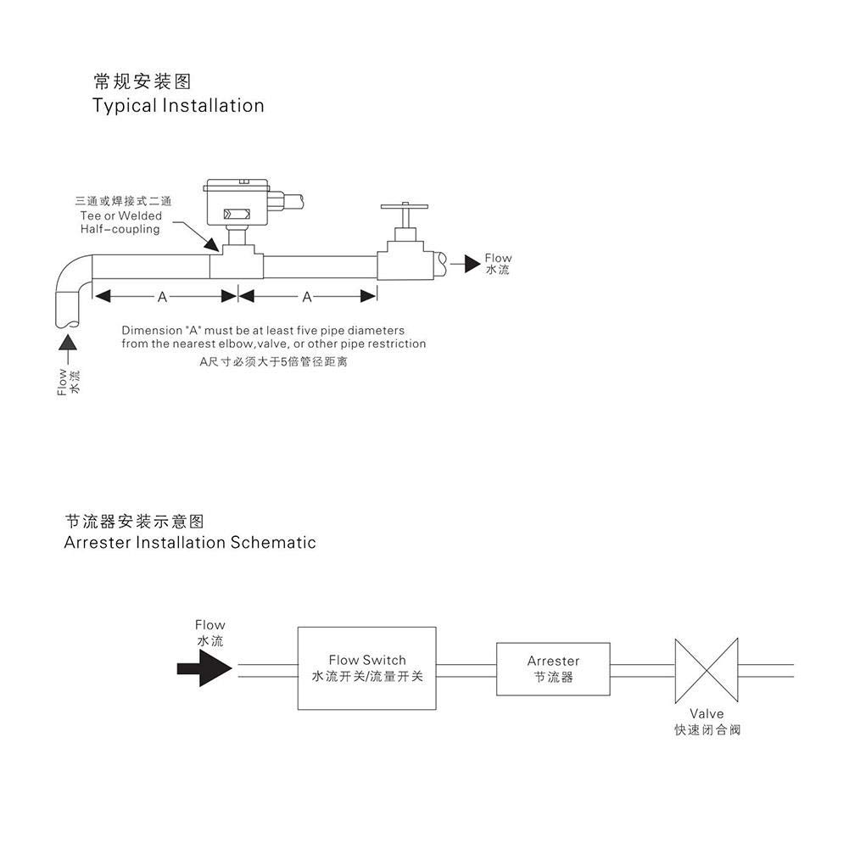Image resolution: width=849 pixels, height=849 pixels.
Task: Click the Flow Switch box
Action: (x=366, y=668)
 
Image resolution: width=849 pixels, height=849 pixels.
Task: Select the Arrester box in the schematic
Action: (x=553, y=668)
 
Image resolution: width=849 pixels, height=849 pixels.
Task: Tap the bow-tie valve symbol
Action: (x=706, y=670)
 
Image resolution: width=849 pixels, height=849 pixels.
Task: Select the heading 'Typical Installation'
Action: (x=178, y=106)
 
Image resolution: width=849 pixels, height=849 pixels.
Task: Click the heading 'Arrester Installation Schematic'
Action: (x=190, y=543)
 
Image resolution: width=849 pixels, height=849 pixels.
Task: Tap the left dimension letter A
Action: (x=162, y=297)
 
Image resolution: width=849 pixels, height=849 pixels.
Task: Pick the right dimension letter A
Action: (x=307, y=297)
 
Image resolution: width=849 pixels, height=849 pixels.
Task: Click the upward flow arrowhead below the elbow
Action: (x=68, y=341)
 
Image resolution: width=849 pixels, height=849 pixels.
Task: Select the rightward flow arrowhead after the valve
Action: (x=472, y=265)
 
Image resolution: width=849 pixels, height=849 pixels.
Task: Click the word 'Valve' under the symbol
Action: (x=707, y=714)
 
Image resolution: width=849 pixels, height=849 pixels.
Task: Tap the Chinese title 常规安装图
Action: (x=142, y=81)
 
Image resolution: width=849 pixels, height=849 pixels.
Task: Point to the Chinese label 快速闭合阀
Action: (x=707, y=729)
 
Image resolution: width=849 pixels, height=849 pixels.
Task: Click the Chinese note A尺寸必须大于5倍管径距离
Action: (x=273, y=362)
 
